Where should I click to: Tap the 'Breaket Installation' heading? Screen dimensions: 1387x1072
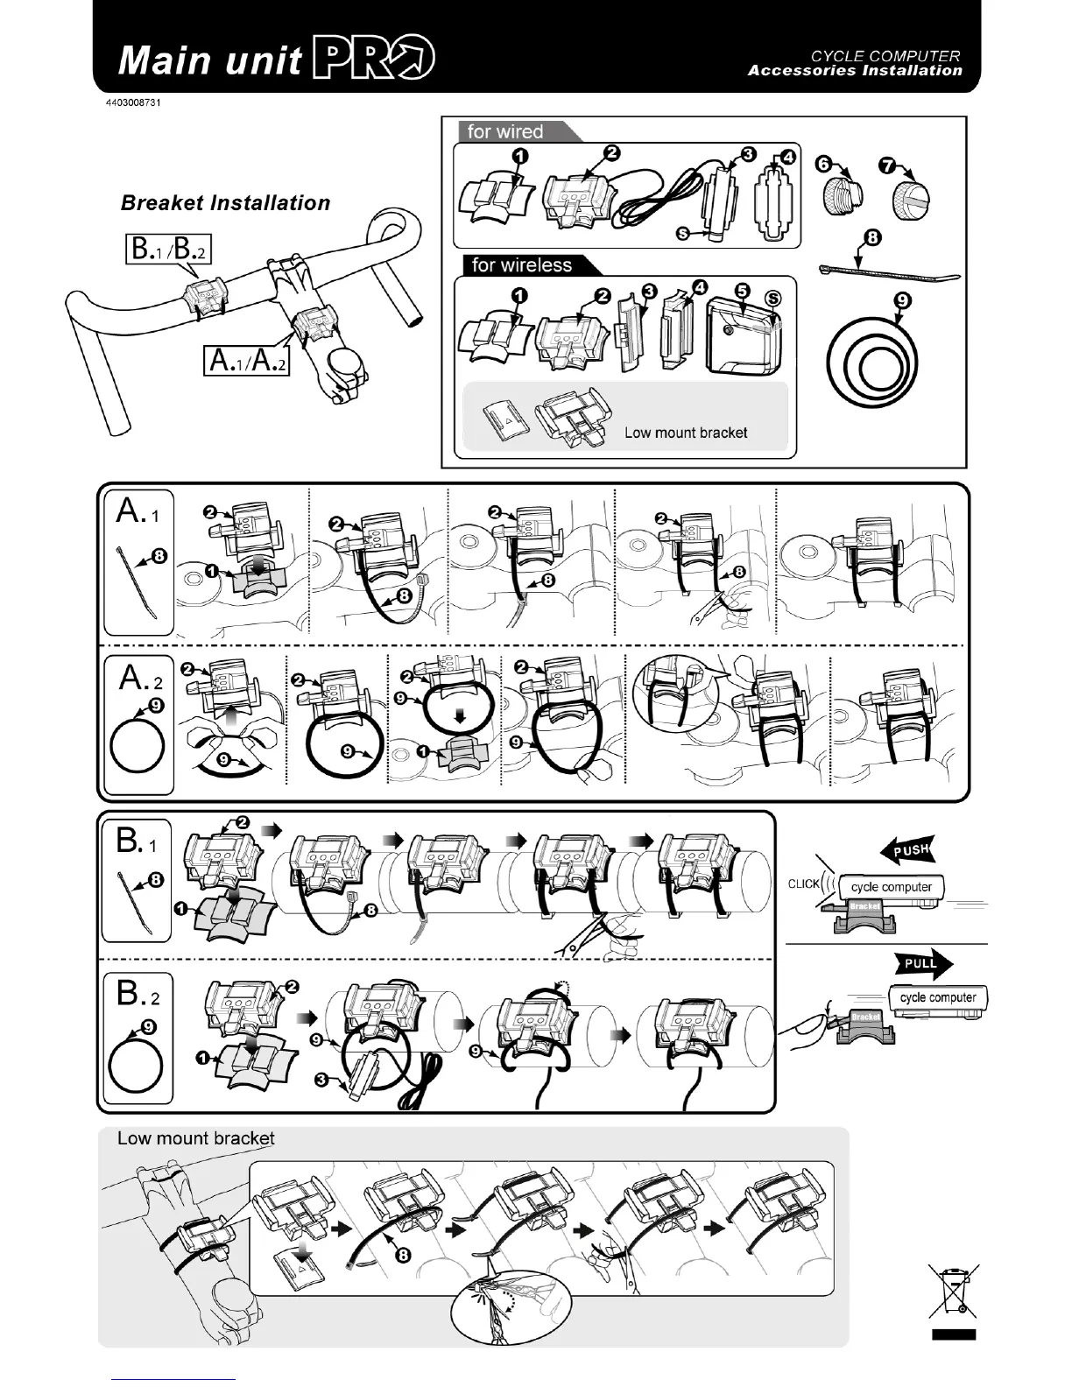[x=225, y=203]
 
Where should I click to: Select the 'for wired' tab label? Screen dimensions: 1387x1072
[x=505, y=132]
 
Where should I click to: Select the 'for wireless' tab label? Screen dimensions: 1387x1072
[x=521, y=265]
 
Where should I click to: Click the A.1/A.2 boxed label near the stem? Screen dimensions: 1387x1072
[x=246, y=359]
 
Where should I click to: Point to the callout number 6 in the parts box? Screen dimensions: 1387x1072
[x=822, y=164]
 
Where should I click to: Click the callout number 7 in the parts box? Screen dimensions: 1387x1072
[x=886, y=164]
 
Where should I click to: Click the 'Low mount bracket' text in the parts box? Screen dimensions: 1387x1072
[x=686, y=433]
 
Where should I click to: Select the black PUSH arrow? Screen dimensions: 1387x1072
[x=908, y=849]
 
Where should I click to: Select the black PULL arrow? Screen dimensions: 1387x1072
[x=923, y=963]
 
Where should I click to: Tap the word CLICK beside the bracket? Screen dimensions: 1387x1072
[x=803, y=884]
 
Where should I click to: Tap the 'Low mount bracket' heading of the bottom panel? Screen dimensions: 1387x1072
[x=195, y=1138]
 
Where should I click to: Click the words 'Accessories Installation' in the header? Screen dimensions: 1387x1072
[x=854, y=71]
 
